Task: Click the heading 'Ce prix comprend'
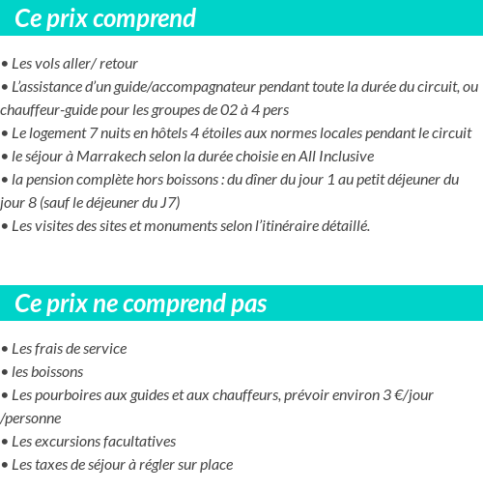pyautogui.click(x=105, y=18)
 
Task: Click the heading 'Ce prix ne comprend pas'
pyautogui.click(x=141, y=303)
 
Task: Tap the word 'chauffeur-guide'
pyautogui.click(x=48, y=110)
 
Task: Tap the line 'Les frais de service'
pyautogui.click(x=69, y=349)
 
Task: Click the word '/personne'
pyautogui.click(x=31, y=419)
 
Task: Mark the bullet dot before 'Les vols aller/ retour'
pyautogui.click(x=5, y=65)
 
